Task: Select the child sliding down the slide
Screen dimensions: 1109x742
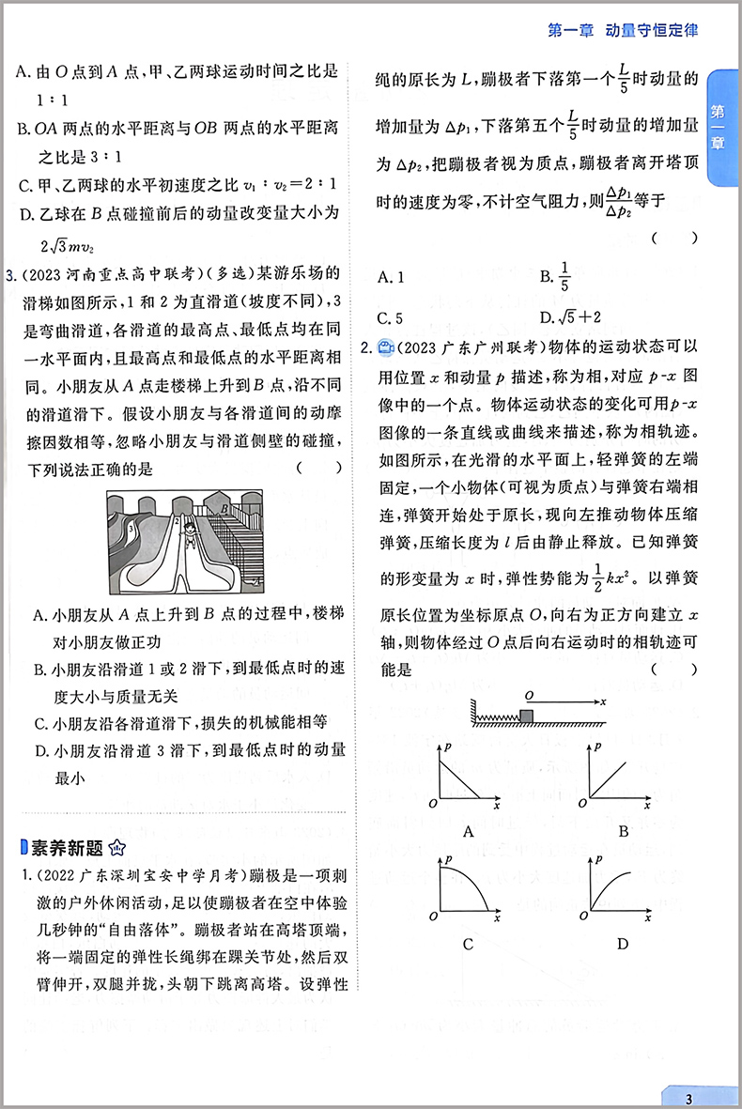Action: click(190, 536)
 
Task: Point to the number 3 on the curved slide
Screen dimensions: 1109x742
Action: click(133, 529)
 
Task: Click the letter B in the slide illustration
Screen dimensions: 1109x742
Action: click(224, 508)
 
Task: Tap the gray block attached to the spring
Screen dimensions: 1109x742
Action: click(527, 718)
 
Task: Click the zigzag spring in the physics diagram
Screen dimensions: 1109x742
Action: click(497, 720)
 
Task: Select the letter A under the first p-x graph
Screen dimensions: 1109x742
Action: click(468, 830)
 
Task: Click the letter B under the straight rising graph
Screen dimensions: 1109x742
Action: click(623, 830)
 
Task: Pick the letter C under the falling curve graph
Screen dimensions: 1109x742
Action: click(468, 943)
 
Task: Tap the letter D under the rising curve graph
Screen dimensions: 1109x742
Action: click(623, 943)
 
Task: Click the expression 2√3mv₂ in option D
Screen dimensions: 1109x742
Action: click(70, 247)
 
